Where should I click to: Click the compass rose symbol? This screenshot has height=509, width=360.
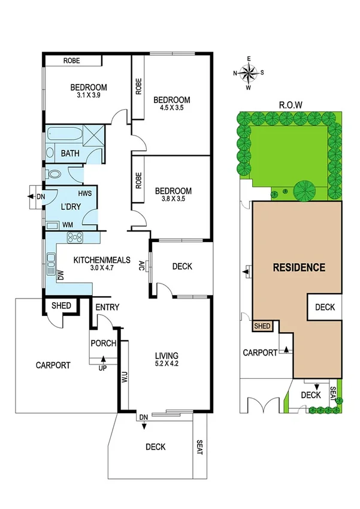coord(248,73)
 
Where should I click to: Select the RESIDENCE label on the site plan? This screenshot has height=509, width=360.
coord(299,268)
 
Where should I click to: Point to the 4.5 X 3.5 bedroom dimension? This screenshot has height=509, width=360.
coord(171,109)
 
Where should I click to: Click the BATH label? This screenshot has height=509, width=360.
coord(70,153)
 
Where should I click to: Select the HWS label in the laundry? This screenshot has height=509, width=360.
coord(85,194)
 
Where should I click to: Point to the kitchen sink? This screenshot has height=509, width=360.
coord(50,261)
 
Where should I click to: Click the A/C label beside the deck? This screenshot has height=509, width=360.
coord(143,265)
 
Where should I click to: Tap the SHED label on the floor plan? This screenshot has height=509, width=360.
coord(61,306)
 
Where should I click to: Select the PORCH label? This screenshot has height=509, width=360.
coord(102,344)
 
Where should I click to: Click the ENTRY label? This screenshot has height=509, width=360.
coord(108,308)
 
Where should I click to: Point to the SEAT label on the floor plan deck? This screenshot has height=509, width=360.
coord(200,447)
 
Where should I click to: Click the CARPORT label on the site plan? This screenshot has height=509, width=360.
coord(260,353)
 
